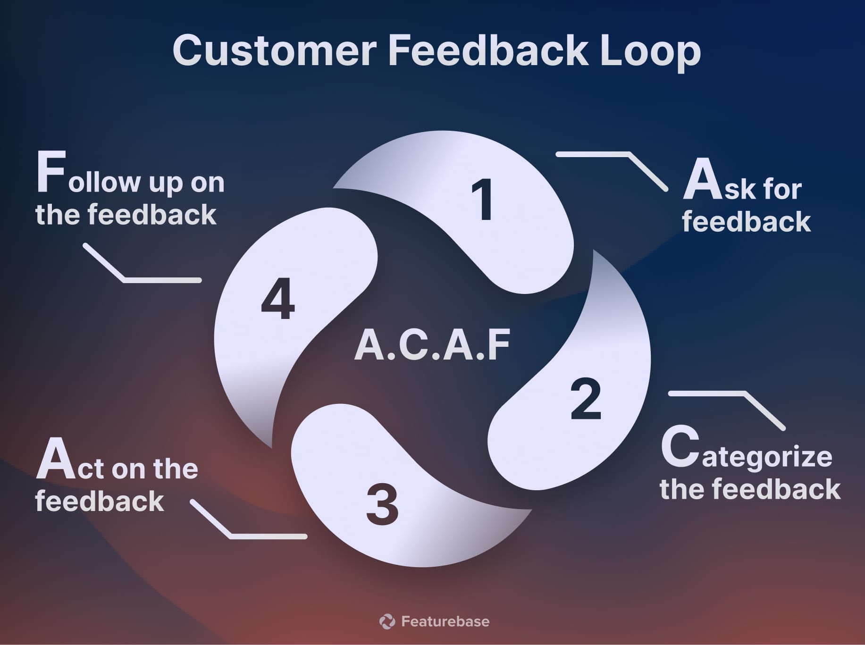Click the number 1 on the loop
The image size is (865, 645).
click(x=483, y=200)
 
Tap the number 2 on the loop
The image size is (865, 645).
click(x=586, y=399)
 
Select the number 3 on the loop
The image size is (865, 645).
click(x=382, y=504)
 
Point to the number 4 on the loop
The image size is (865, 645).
click(x=278, y=299)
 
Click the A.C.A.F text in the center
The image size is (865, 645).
click(x=432, y=345)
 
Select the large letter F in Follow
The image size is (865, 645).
click(x=50, y=172)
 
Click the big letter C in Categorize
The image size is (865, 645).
click(x=680, y=446)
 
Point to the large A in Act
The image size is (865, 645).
click(x=56, y=459)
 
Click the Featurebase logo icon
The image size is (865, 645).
click(x=387, y=621)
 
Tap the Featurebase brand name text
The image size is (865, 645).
click(x=445, y=621)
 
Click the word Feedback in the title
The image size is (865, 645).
click(x=488, y=50)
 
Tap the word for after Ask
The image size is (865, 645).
click(x=781, y=190)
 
